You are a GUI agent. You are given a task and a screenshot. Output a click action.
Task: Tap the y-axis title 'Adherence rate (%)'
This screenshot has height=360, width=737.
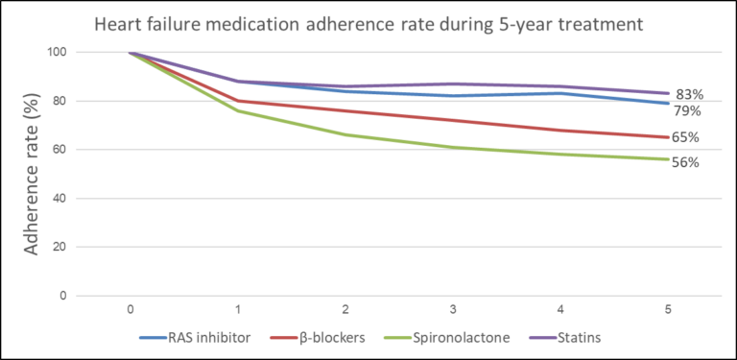32,174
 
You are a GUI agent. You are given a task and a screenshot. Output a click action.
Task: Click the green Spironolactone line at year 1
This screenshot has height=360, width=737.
237,111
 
